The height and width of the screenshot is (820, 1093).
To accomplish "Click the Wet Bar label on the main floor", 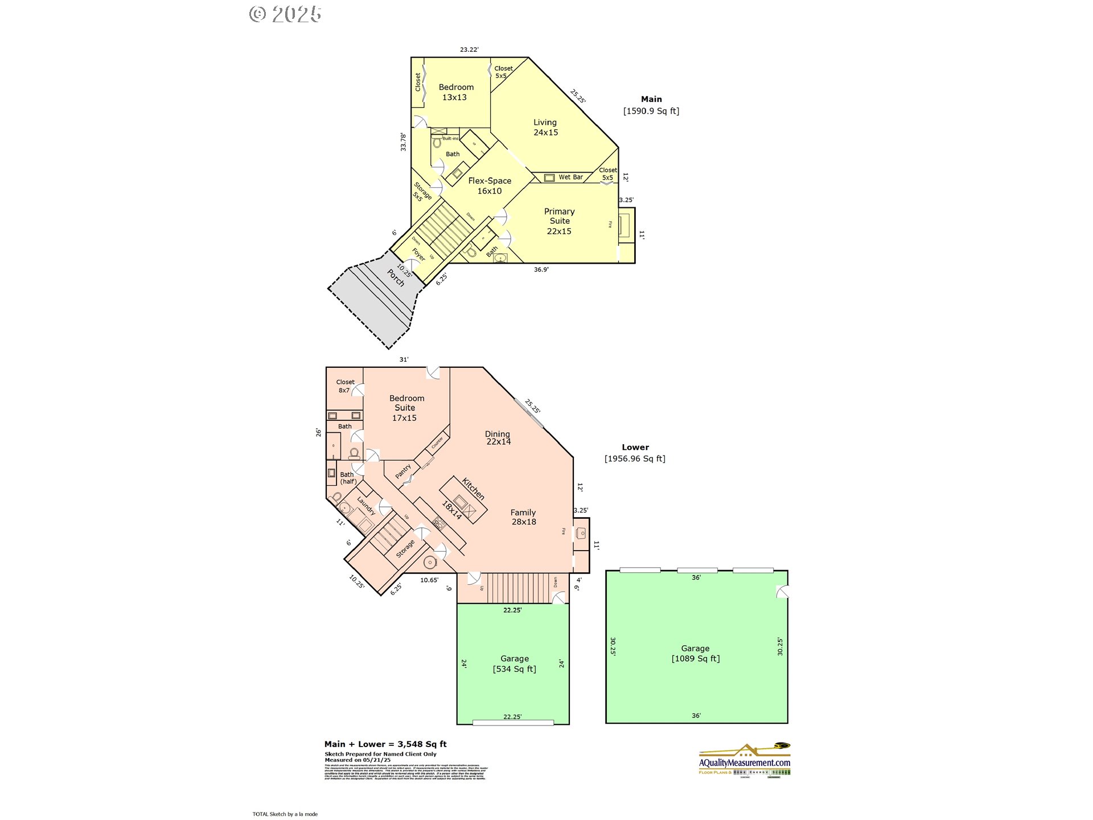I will [x=570, y=177].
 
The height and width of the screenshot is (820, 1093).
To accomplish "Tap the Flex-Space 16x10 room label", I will [x=490, y=186].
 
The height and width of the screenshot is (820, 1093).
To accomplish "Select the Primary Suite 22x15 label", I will [x=559, y=221].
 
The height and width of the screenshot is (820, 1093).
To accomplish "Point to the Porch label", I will [x=396, y=277].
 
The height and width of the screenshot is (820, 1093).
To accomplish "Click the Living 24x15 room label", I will [x=545, y=128].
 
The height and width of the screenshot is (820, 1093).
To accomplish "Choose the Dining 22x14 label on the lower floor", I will [x=498, y=437].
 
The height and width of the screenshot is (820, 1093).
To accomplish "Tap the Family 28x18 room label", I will [x=523, y=517].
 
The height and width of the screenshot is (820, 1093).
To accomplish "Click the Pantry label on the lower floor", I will [x=403, y=471].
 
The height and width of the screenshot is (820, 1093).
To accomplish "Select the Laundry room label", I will [x=366, y=506].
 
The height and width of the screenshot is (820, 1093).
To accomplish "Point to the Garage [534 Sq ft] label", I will [x=515, y=664].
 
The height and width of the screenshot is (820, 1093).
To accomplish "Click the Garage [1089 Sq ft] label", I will [x=696, y=654].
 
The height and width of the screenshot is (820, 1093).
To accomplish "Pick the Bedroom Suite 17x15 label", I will [x=406, y=408].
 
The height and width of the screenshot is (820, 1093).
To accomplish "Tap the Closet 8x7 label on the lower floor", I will [x=345, y=386].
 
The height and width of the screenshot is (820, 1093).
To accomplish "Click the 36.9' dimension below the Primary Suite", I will [x=541, y=270].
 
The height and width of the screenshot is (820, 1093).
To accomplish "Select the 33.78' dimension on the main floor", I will [x=403, y=142].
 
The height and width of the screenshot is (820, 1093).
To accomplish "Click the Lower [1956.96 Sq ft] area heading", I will [x=635, y=453].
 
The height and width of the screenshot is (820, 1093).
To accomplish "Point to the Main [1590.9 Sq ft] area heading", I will [x=651, y=105].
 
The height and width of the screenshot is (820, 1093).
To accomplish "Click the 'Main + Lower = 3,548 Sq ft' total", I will [x=385, y=744].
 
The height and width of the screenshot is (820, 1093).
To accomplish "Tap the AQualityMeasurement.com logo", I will [x=745, y=760].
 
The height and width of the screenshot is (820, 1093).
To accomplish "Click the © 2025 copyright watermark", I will [x=285, y=14].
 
